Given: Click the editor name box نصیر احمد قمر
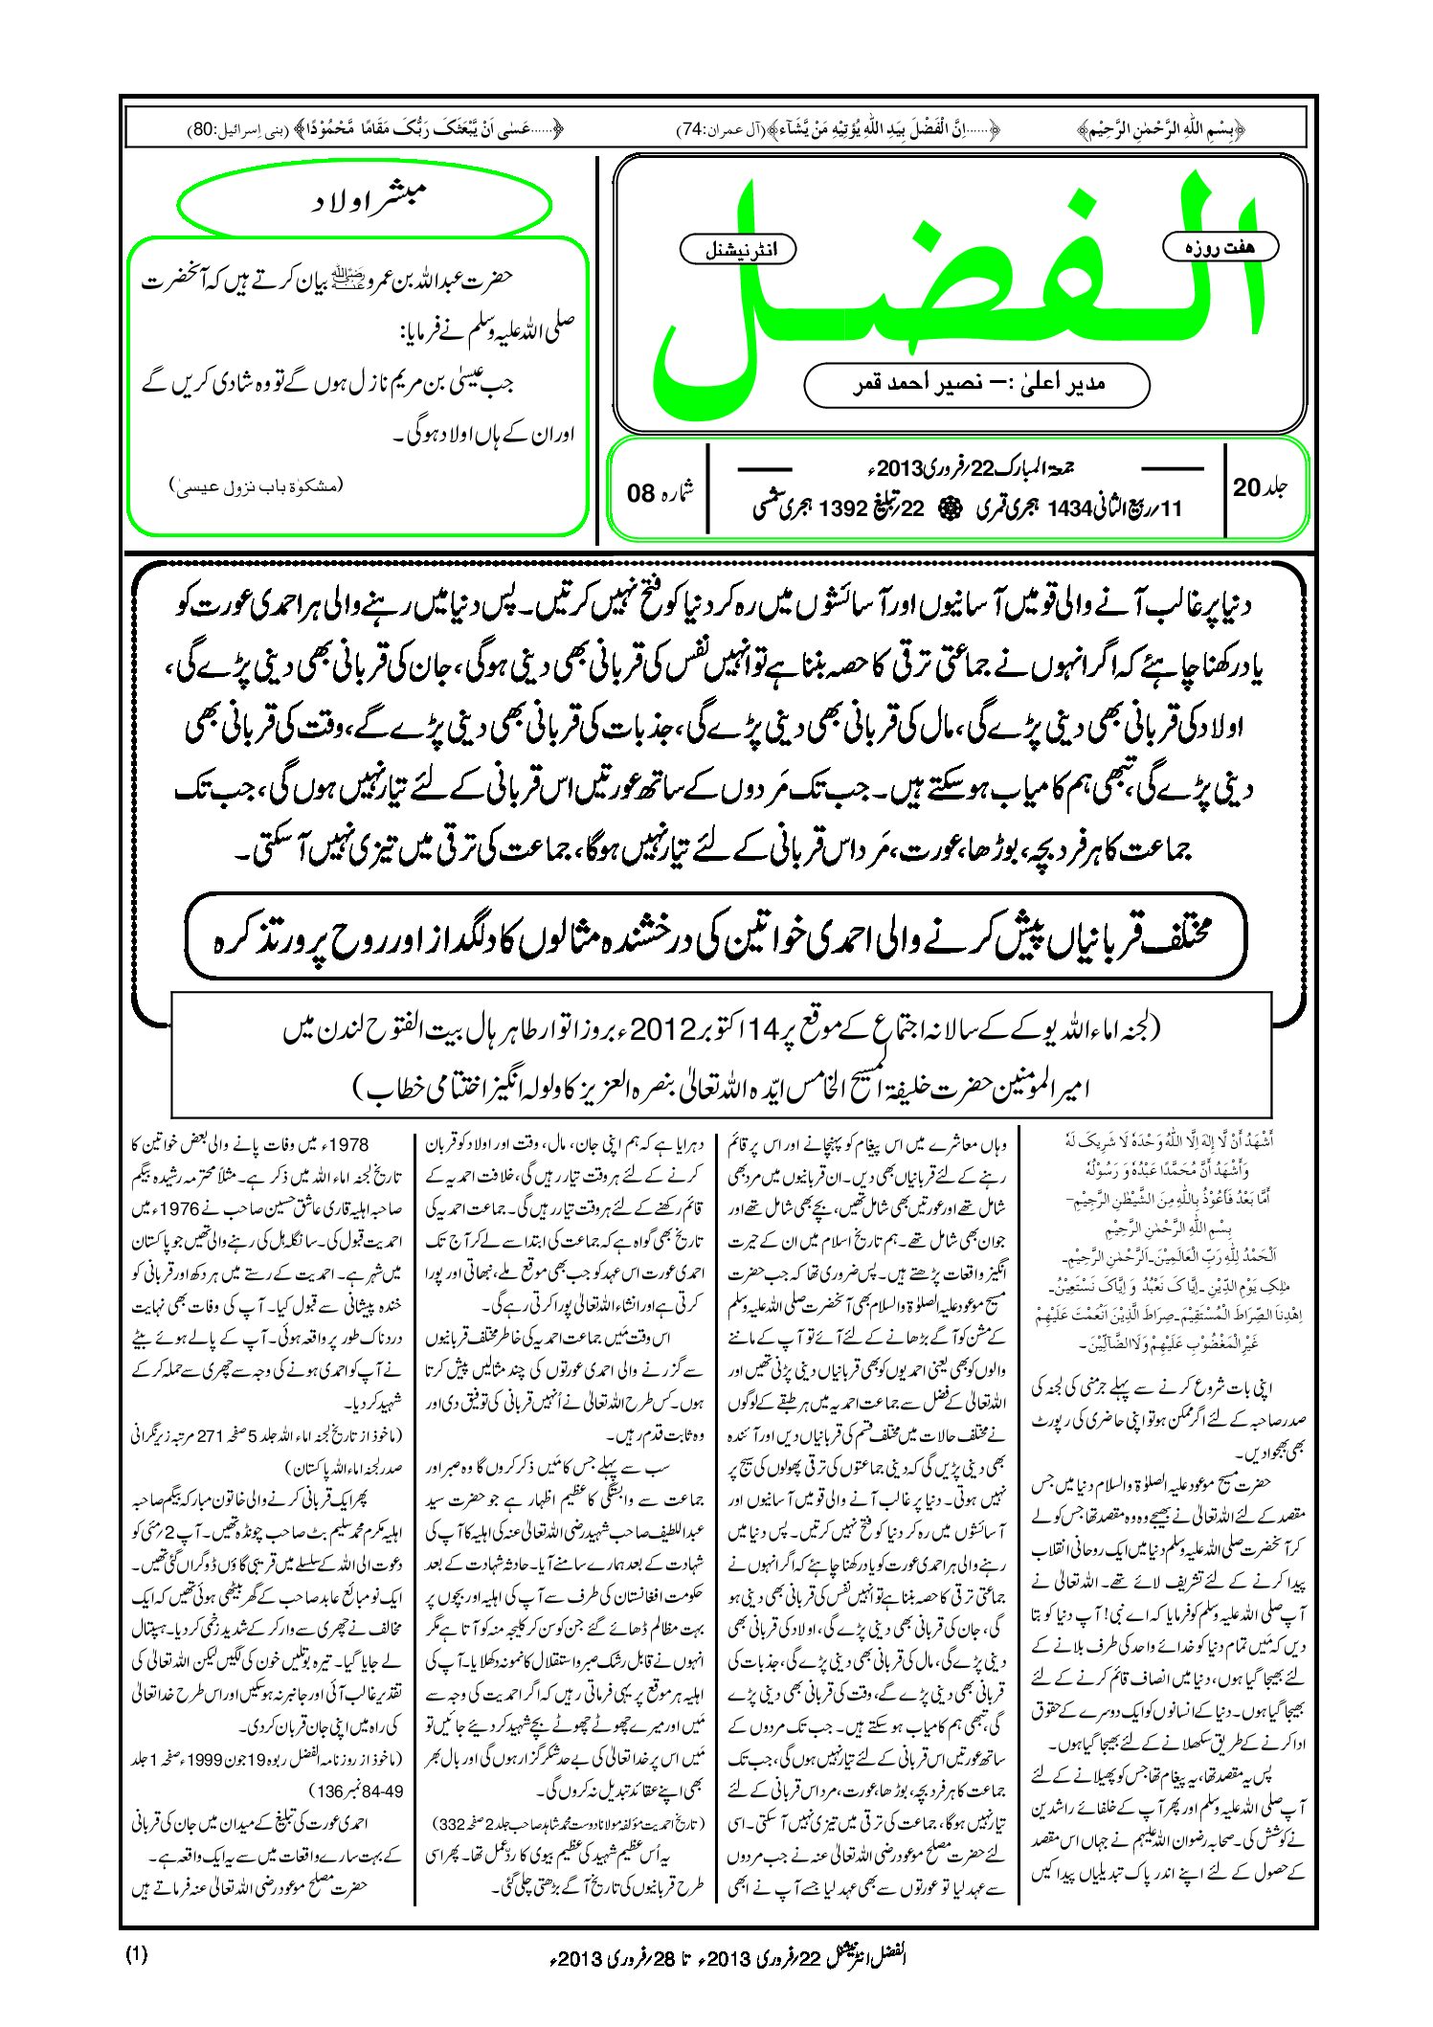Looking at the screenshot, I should pos(976,384).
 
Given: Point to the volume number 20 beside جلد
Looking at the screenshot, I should pos(1247,487).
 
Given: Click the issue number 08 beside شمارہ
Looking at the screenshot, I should pos(640,493).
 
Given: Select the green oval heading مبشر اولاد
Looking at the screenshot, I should pos(366,203).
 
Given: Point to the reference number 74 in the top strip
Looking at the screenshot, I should pos(692,127).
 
